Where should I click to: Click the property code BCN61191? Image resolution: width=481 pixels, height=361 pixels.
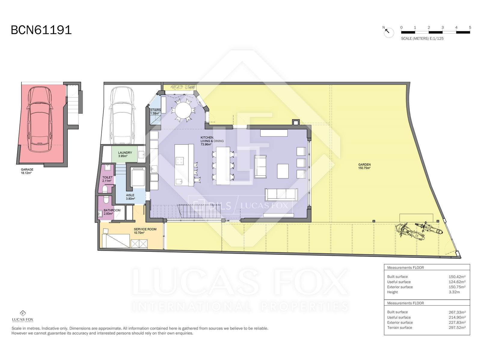coord(41,30)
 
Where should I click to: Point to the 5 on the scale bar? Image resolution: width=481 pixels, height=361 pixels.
coord(470,27)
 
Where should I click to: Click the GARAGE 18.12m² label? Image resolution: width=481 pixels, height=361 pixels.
coord(27,171)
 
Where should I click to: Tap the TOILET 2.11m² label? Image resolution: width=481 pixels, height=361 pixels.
coord(107,179)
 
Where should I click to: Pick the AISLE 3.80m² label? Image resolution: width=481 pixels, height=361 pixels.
coord(130,197)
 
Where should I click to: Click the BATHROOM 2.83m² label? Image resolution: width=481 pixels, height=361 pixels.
coord(112,212)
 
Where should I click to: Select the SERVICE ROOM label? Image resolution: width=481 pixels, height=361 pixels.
coord(145,231)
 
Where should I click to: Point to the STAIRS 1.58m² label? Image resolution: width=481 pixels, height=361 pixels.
coord(155,112)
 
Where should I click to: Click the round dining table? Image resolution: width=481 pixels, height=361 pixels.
coord(183,110)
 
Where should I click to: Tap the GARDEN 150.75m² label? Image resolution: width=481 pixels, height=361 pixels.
coord(364,166)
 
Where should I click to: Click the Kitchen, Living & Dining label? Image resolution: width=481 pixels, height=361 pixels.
coord(212,141)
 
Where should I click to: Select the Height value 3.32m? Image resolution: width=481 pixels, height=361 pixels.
coord(455,292)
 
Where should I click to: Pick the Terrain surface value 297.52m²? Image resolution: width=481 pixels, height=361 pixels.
coord(457,328)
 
